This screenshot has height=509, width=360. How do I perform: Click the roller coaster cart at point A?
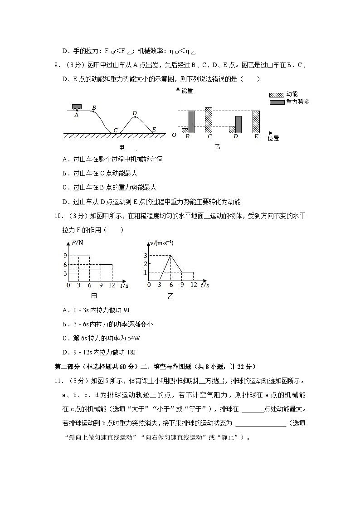77,107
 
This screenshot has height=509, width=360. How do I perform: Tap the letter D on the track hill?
134,113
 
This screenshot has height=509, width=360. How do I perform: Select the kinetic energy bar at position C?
209,120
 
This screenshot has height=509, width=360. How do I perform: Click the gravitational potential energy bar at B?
191,122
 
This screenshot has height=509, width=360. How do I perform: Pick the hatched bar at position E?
256,122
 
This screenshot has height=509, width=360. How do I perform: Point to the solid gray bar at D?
238,125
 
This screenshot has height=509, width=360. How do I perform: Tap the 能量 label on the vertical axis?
187,91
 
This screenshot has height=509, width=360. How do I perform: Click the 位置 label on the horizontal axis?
273,138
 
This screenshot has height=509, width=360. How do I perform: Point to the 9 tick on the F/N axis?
65,256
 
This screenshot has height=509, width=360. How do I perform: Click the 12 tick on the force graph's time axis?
112,285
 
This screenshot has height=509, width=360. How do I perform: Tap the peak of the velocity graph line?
170,256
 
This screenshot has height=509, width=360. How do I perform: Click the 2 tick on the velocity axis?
145,264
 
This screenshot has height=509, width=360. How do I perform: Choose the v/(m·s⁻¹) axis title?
161,244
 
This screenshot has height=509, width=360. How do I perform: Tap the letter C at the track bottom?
116,131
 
